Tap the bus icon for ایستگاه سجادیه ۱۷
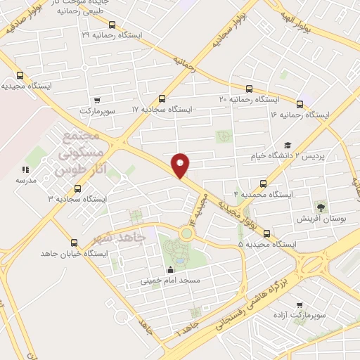tap(162, 98)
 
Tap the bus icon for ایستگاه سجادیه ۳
tap(77, 188)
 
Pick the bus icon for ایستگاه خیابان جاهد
tap(96, 241)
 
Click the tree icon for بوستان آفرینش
tap(321, 207)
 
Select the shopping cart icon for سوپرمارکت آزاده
tap(300, 306)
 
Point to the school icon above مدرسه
tap(25, 169)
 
